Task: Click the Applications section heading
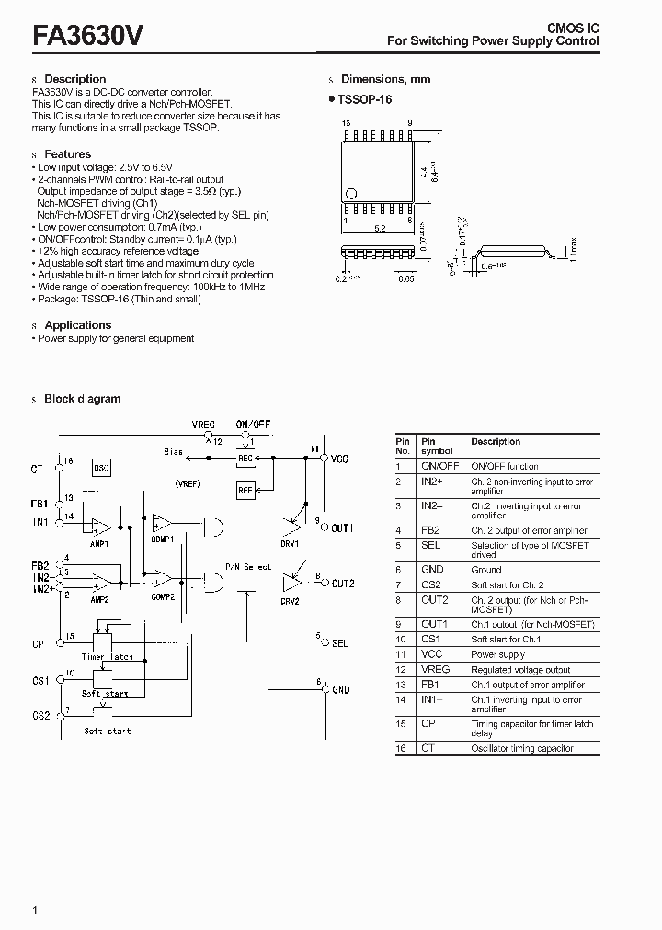77,325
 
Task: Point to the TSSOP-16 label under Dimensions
364,99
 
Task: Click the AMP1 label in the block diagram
100,544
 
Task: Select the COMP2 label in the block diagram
163,596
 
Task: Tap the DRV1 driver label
291,544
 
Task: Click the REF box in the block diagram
245,491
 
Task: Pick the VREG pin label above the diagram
203,425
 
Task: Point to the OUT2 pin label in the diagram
343,584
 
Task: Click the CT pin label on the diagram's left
37,470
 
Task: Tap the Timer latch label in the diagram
107,657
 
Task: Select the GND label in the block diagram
340,689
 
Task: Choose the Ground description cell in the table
486,570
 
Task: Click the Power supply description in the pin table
497,654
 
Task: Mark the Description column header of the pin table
496,442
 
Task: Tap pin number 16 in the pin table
401,748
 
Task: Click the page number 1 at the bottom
35,910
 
